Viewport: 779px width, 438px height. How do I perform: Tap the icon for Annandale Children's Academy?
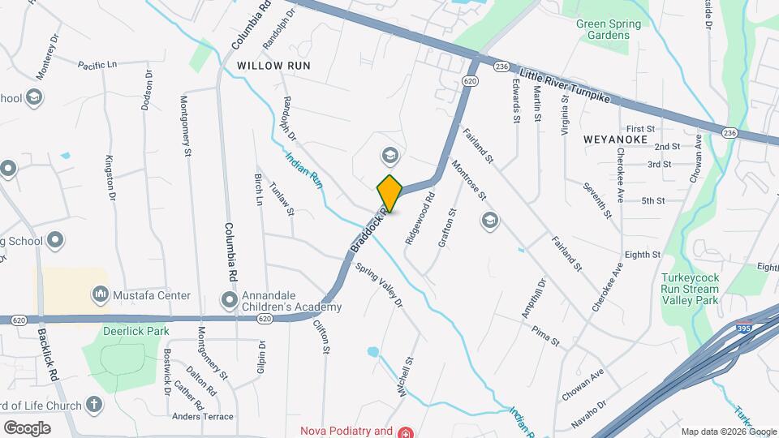[x=230, y=301]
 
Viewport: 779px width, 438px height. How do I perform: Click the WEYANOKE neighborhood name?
[x=615, y=140]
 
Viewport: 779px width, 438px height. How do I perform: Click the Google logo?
[x=27, y=427]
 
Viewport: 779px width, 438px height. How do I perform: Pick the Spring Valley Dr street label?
[x=379, y=284]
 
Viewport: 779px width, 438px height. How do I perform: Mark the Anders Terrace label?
[x=202, y=417]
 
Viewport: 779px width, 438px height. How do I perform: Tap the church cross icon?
[x=94, y=405]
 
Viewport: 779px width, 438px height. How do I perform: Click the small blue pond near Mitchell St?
[x=372, y=352]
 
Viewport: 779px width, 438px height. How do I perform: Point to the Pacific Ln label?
[x=97, y=64]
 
